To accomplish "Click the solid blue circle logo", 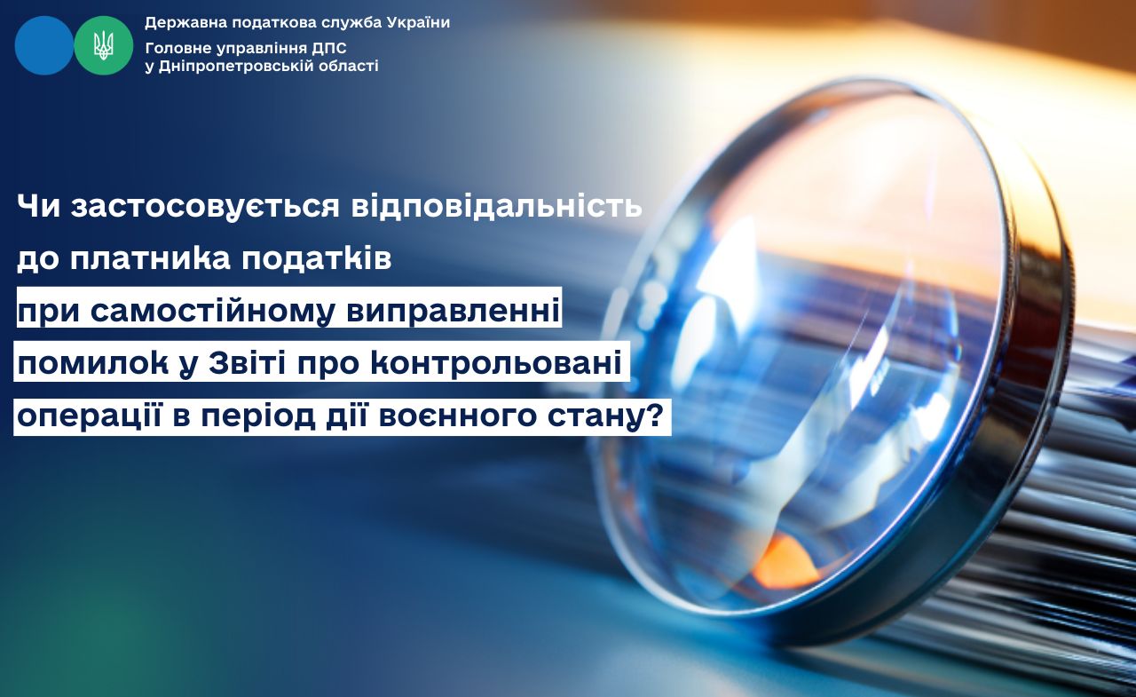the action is click(44, 45).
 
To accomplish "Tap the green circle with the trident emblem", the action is click(104, 45).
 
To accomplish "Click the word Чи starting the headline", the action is click(38, 207).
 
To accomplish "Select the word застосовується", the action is click(205, 208).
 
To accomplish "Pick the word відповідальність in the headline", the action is click(496, 208).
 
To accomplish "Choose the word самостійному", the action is click(213, 312).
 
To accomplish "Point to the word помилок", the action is click(93, 363).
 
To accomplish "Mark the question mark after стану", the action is click(656, 416).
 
